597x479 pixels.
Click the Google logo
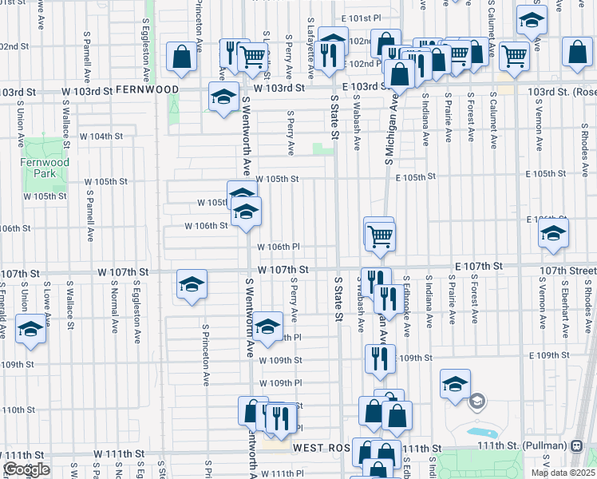coord(26,469)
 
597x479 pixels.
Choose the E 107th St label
coord(478,265)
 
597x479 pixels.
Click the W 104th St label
coord(101,136)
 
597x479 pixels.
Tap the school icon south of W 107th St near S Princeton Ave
coord(192,284)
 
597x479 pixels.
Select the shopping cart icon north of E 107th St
coord(380,235)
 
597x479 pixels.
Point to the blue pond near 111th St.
coord(483,433)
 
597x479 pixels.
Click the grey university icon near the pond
coord(477,401)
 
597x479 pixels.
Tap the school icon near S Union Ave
coord(30,329)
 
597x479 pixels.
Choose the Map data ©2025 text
coord(563,473)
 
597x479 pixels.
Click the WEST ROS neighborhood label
coord(322,449)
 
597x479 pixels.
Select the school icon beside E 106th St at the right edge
coord(552,233)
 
